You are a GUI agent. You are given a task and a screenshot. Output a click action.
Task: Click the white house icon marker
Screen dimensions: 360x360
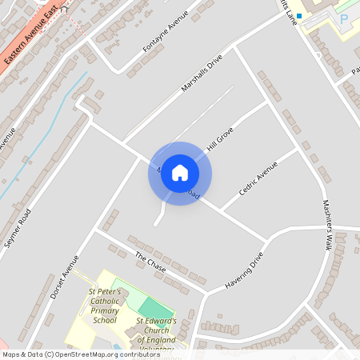(180, 173)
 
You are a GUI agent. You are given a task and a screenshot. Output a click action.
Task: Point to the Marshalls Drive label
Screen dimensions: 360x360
(201, 73)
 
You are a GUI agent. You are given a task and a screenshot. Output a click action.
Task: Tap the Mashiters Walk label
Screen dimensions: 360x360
(327, 223)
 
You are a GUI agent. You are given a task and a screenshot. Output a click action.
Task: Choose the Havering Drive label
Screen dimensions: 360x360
(244, 272)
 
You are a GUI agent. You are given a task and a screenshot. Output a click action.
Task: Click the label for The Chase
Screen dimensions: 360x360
(150, 263)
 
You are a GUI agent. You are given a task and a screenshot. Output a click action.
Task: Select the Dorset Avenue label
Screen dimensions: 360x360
(65, 277)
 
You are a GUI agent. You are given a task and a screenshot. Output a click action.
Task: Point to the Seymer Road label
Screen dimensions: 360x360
(18, 227)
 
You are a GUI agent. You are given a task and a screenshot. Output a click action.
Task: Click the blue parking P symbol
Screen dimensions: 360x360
(344, 18)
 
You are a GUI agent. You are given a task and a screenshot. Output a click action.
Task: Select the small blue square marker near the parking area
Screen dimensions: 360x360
(299, 15)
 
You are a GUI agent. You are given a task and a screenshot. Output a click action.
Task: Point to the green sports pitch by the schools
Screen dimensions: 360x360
(154, 308)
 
